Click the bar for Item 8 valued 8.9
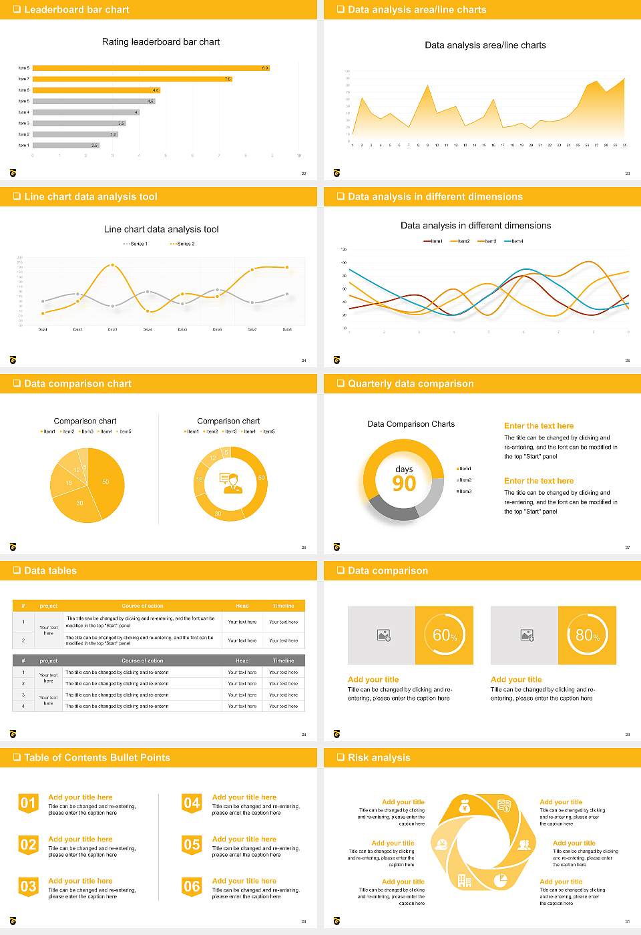pyautogui.click(x=150, y=68)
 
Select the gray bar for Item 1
pyautogui.click(x=65, y=145)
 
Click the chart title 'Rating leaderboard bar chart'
pyautogui.click(x=160, y=42)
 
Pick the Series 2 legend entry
pyautogui.click(x=183, y=244)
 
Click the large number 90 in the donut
pyautogui.click(x=404, y=484)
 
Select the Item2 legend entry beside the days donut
pyautogui.click(x=464, y=480)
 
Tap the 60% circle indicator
pyautogui.click(x=445, y=635)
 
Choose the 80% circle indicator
pyautogui.click(x=587, y=635)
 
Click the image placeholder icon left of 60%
pyautogui.click(x=383, y=635)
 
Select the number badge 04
pyautogui.click(x=192, y=803)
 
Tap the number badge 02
pyautogui.click(x=28, y=845)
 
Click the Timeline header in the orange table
pyautogui.click(x=283, y=606)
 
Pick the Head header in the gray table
pyautogui.click(x=242, y=661)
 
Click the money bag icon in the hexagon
pyautogui.click(x=465, y=807)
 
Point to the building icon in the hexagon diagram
pyautogui.click(x=465, y=881)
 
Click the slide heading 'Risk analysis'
pyautogui.click(x=379, y=758)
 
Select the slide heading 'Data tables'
pyautogui.click(x=50, y=571)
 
